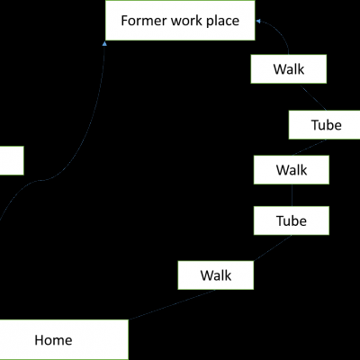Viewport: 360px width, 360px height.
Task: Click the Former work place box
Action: pos(180,20)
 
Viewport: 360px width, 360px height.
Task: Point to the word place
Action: pos(223,22)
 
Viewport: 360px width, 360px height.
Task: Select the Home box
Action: pos(64,339)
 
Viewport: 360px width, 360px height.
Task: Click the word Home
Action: pos(53,340)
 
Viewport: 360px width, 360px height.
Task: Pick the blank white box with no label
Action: pos(12,160)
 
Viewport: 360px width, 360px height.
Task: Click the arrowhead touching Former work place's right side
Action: pos(258,22)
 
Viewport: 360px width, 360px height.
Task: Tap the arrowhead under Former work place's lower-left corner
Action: pos(104,44)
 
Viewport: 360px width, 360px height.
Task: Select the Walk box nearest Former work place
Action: pos(289,69)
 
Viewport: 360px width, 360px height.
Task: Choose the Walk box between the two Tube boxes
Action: pos(292,170)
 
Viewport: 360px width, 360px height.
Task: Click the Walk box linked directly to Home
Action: pos(216,275)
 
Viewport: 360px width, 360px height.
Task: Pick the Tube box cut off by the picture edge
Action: pos(324,125)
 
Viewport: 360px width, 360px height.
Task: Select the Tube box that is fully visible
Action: pos(292,220)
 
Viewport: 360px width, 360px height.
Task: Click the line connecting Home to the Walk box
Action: pos(172,304)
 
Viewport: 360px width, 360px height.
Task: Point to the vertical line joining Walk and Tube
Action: pos(292,195)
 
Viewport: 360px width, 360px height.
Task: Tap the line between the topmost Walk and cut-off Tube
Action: pos(313,97)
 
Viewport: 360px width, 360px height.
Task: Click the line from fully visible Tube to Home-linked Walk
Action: pos(273,247)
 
